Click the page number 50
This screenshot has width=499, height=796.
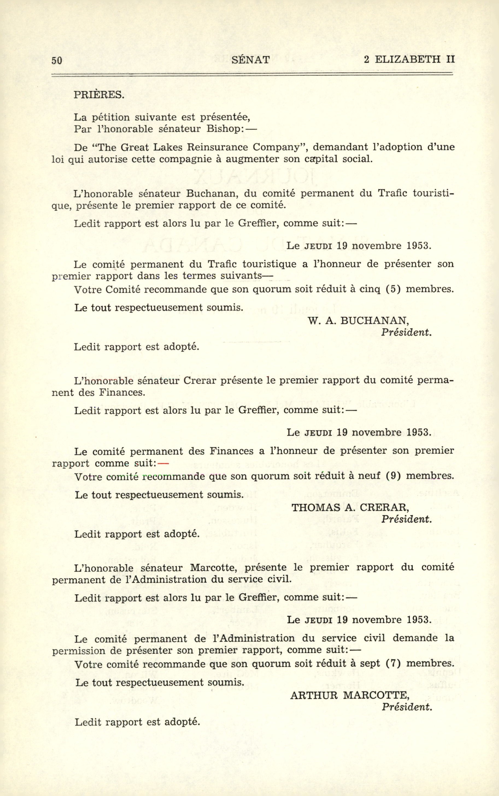coord(57,60)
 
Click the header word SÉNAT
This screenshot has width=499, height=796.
coord(251,60)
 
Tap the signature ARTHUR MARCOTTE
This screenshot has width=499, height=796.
coord(350,695)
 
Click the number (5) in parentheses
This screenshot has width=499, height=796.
coord(393,290)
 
